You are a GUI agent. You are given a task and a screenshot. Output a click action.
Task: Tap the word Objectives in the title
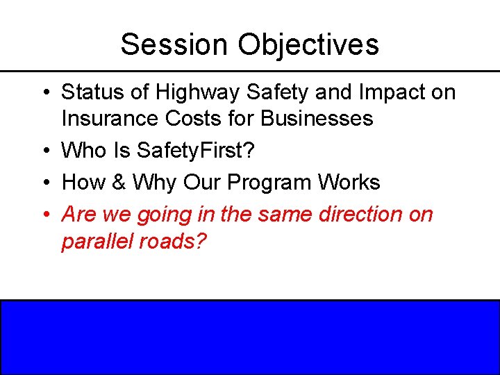tap(309, 44)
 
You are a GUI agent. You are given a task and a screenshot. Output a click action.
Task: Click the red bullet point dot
tap(44, 215)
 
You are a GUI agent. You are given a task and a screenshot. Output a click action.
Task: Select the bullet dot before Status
tap(44, 92)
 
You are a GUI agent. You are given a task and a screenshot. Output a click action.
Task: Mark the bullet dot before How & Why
tap(44, 183)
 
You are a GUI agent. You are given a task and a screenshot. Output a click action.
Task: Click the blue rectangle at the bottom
tap(250, 337)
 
